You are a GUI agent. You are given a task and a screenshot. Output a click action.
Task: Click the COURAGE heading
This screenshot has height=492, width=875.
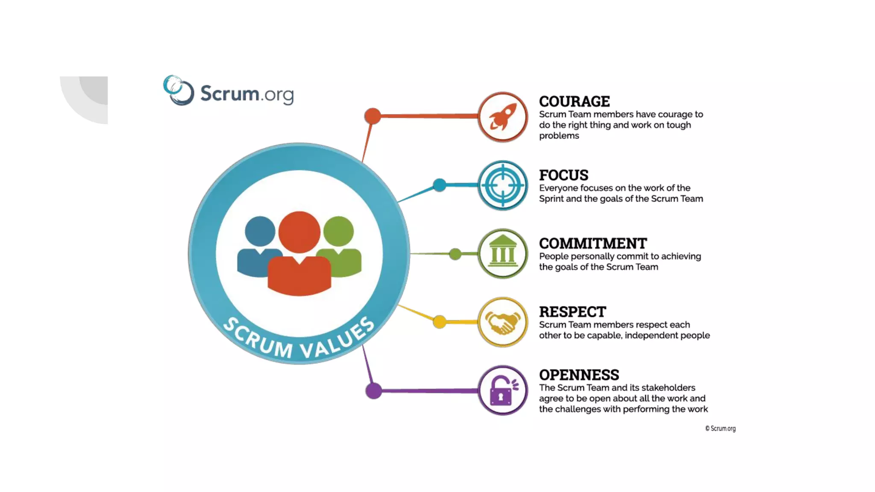pos(574,102)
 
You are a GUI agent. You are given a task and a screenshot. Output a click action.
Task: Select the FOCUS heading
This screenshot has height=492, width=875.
pos(564,175)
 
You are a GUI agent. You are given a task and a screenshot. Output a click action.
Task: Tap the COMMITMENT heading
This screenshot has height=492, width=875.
pos(593,243)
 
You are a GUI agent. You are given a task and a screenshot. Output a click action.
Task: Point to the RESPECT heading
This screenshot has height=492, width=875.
pos(572,312)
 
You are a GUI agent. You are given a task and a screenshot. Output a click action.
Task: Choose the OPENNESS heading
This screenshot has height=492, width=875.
pos(579,375)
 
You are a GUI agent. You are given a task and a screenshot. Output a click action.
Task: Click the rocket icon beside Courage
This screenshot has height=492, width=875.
pos(503,117)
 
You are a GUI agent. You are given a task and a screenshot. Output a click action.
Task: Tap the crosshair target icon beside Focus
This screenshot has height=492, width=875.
pos(503,185)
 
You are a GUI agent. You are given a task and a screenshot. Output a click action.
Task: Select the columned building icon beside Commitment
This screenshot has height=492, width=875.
pos(503,254)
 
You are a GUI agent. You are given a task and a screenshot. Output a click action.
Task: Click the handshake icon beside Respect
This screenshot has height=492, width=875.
pos(503,322)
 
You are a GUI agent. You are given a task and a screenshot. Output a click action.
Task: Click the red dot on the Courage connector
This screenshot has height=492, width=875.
pos(373,116)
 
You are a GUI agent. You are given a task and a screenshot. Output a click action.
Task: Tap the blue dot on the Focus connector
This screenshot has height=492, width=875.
pos(439,185)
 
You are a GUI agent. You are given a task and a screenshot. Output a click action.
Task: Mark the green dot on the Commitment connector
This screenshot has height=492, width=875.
pos(455,254)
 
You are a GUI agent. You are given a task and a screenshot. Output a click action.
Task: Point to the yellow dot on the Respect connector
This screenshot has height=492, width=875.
pos(439,322)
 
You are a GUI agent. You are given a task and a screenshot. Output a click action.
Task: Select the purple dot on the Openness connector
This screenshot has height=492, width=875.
pos(374,391)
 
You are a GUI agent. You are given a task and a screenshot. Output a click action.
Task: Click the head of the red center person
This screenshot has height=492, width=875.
pos(299,232)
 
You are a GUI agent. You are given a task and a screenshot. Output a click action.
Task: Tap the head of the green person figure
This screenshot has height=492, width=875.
pos(338,231)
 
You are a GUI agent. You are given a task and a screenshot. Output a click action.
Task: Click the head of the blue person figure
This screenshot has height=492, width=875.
pos(260,231)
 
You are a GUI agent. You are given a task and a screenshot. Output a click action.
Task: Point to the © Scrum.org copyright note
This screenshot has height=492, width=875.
pos(720,428)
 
